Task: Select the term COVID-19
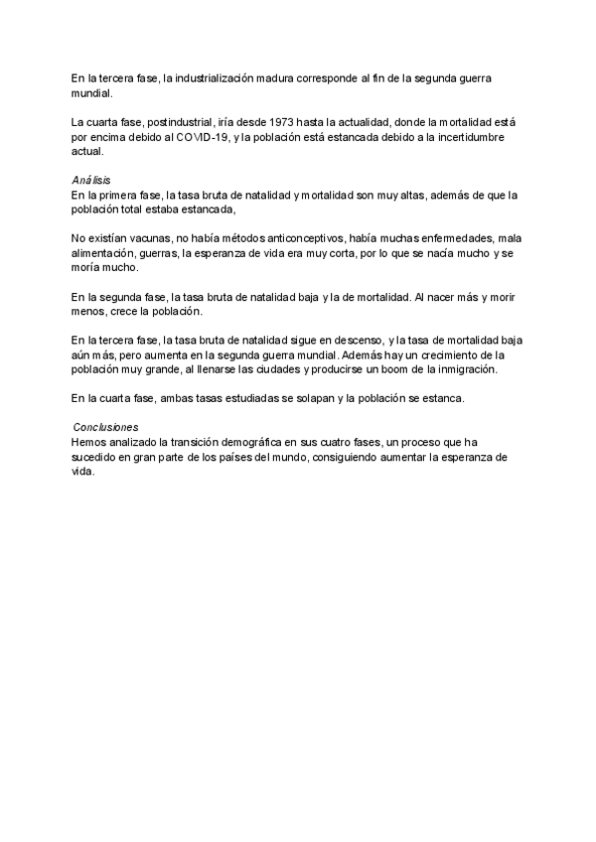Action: [x=202, y=137]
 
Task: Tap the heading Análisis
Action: [x=90, y=180]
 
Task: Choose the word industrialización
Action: [x=218, y=77]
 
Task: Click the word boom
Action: [x=371, y=368]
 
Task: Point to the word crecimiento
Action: [x=457, y=353]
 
